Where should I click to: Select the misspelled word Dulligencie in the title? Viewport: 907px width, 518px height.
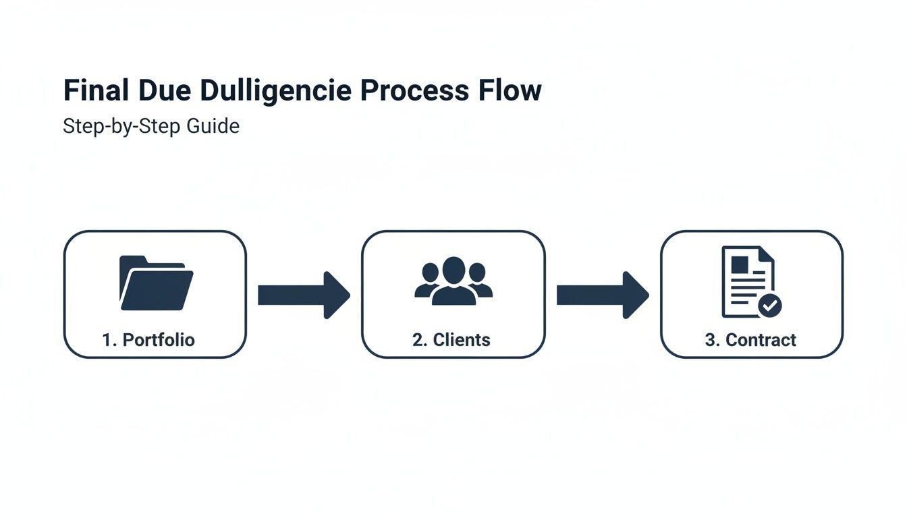275,91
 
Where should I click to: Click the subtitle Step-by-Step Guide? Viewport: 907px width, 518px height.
151,126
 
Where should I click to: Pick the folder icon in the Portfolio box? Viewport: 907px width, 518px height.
156,283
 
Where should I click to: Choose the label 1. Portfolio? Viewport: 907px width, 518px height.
148,340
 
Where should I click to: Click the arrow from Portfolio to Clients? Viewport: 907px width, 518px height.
304,295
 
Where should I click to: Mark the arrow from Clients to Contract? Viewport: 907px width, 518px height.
602,295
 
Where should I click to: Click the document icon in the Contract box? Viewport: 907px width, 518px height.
746,281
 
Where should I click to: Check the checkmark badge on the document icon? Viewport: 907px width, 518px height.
769,306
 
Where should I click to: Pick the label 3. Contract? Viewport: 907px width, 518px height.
750,340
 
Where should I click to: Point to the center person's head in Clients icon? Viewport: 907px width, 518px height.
453,270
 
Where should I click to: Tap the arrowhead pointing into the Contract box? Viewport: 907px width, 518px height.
635,295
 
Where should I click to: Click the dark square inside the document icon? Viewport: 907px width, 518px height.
740,264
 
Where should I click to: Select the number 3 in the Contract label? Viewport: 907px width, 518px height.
709,340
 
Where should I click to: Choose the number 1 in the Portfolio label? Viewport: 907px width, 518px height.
106,340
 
